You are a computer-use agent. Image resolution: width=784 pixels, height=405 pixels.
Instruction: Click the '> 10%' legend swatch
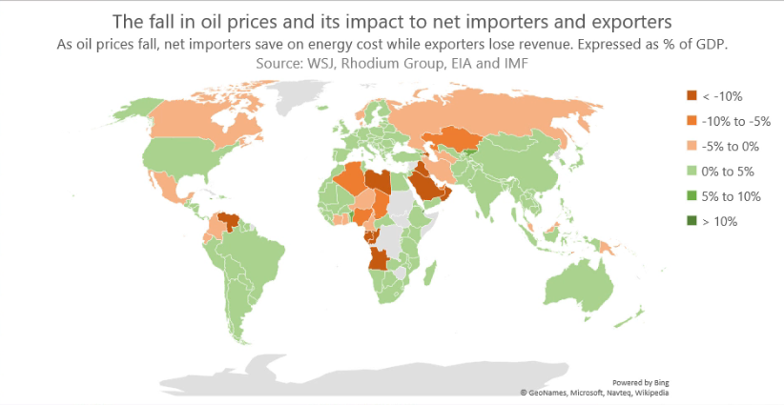691,221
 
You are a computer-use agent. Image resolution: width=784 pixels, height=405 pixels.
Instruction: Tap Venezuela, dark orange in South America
229,221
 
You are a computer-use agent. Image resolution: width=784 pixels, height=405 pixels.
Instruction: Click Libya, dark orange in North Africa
381,180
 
